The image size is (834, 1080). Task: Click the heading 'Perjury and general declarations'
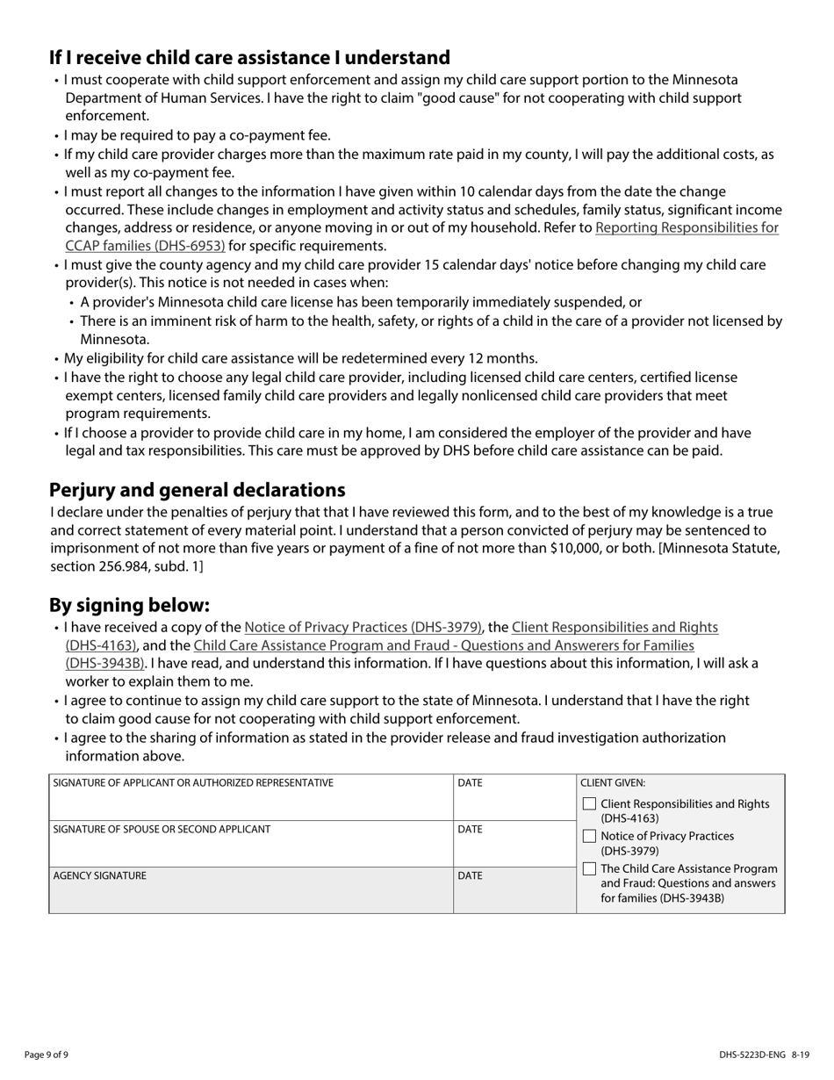pos(197,490)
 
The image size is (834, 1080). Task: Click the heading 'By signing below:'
pos(130,606)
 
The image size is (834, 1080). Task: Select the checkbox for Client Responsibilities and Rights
pos(589,804)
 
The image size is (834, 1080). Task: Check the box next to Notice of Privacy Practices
pos(589,836)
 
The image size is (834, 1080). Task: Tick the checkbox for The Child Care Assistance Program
pos(589,869)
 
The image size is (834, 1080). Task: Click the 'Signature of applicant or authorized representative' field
pos(251,803)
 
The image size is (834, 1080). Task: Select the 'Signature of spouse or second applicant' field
pos(251,850)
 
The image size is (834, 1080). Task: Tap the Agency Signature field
pos(251,896)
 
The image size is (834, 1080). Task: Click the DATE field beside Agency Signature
pos(514,896)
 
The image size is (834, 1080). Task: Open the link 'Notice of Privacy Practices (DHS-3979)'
pos(363,628)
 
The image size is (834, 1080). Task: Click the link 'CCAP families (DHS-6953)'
pos(145,246)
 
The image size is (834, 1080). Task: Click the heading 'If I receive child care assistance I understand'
pos(249,58)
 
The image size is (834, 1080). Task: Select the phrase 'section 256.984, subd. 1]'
pos(126,567)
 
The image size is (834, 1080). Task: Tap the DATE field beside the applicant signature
pos(514,803)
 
